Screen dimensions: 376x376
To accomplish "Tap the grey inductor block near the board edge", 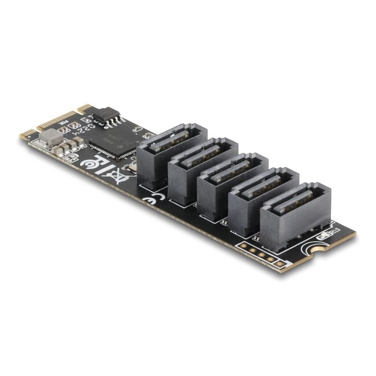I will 50,137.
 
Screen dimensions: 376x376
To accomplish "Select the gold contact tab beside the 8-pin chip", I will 86,108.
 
